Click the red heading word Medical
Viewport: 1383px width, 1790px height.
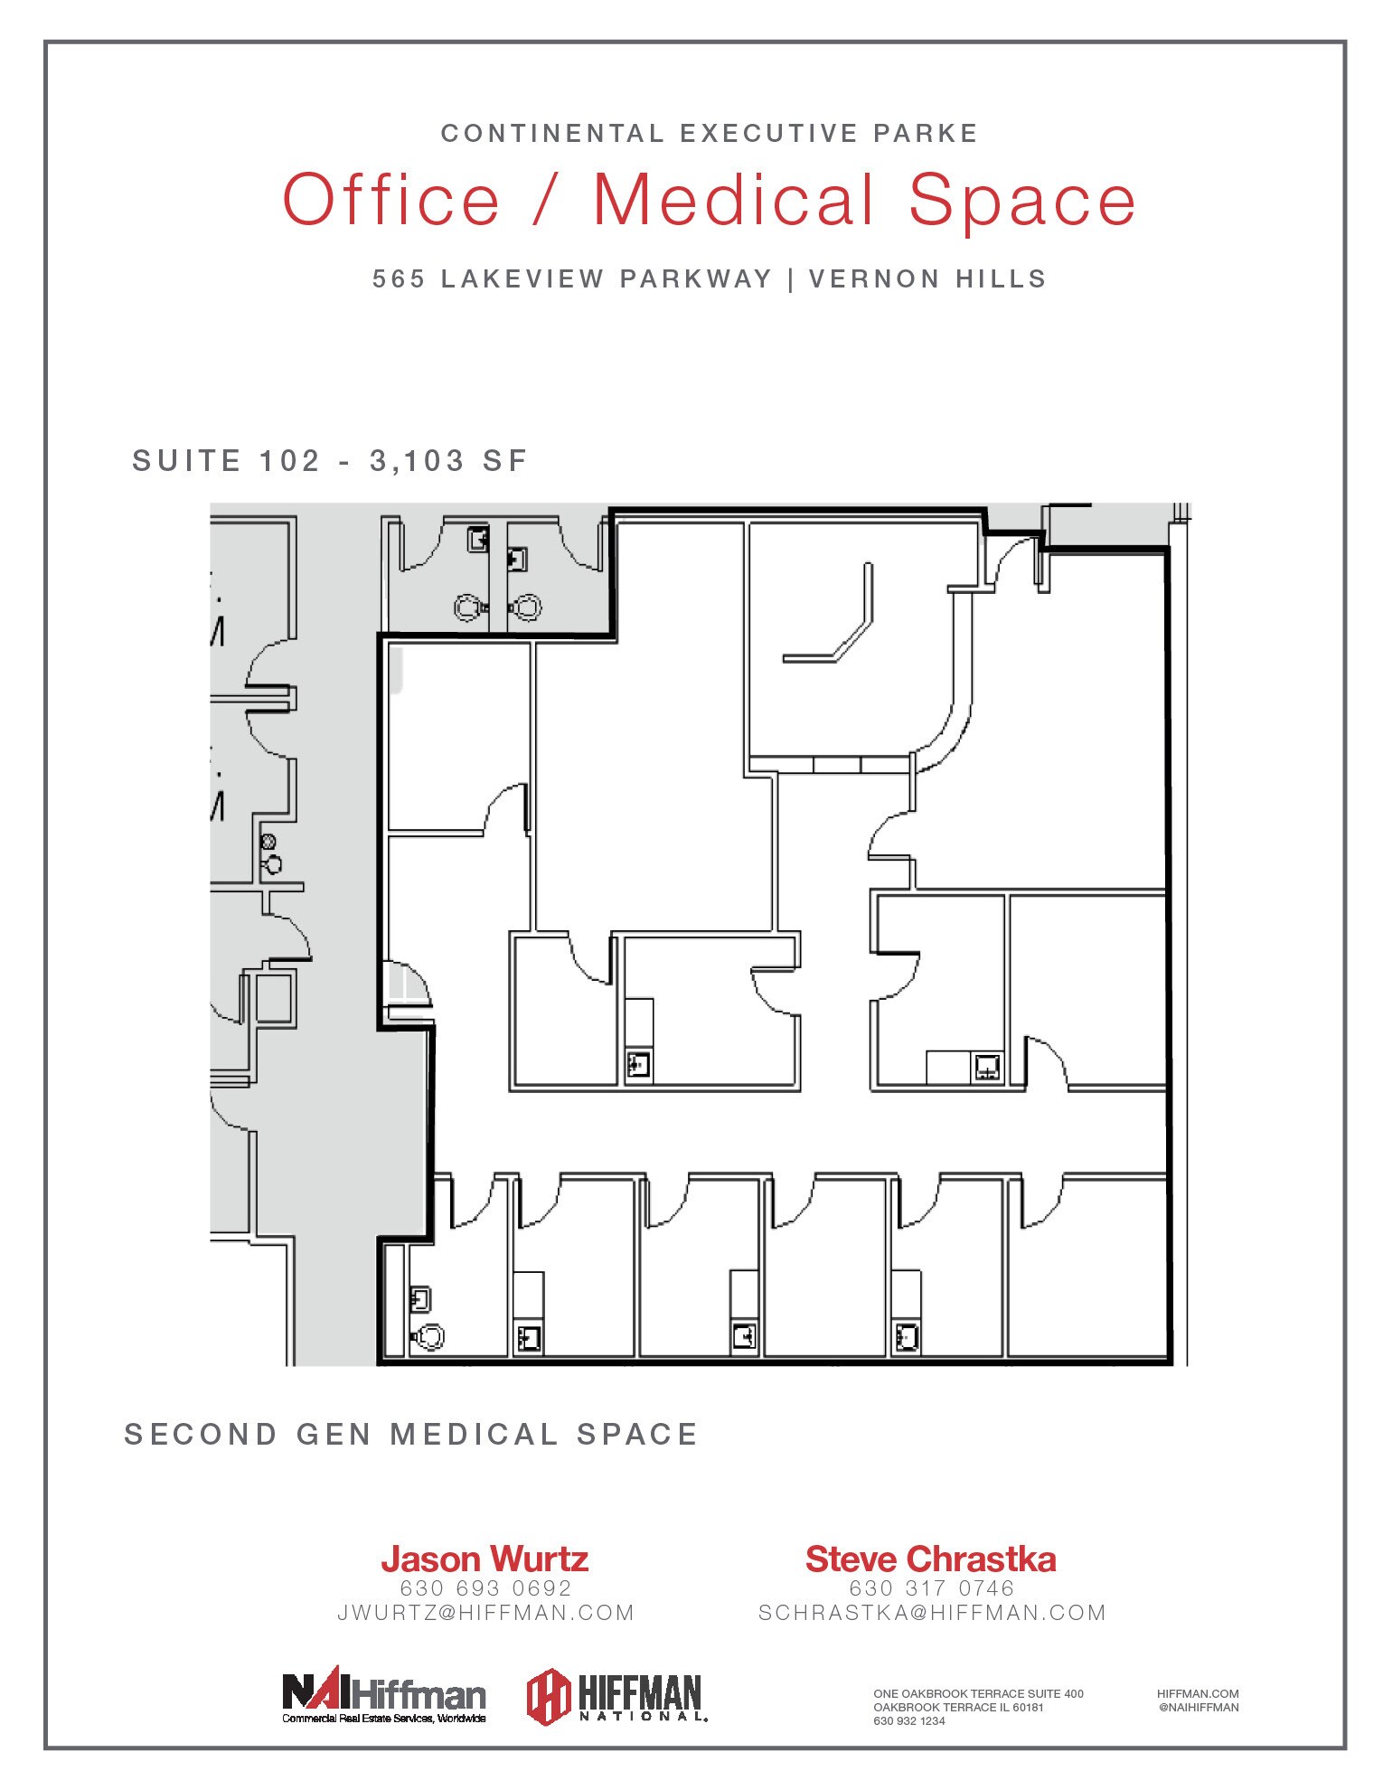733,200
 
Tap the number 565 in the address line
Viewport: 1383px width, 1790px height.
399,279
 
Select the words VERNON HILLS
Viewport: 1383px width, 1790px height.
927,279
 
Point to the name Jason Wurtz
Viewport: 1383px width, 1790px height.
485,1559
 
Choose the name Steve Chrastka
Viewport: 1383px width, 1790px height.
931,1559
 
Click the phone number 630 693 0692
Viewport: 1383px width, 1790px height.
486,1588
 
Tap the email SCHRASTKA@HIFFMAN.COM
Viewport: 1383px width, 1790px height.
932,1613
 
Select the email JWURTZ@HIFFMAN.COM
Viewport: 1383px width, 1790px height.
486,1613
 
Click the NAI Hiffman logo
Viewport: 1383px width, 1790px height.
384,1696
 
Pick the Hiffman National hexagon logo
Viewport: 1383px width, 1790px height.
616,1696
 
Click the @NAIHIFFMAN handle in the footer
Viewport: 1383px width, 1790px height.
1198,1708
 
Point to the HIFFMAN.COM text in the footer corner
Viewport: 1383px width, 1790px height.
1198,1694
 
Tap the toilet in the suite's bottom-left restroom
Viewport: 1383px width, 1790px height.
428,1335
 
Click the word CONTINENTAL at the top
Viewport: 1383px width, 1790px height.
552,134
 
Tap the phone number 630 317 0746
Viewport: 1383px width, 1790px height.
932,1588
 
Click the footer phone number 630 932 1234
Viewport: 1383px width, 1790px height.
909,1721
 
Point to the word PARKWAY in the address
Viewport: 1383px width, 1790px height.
696,279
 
